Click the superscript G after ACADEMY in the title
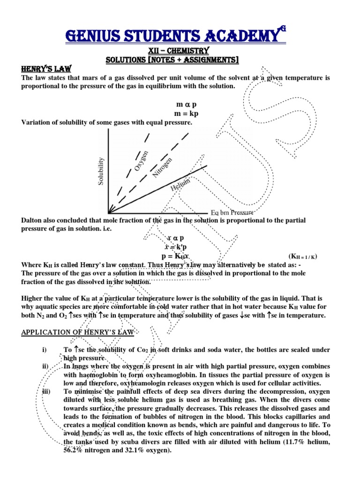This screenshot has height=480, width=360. [283, 29]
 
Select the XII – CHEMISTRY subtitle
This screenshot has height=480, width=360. [180, 50]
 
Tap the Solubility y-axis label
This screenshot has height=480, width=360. [100, 171]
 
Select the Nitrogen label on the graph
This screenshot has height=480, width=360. [162, 167]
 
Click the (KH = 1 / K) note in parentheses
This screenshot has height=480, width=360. [303, 256]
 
